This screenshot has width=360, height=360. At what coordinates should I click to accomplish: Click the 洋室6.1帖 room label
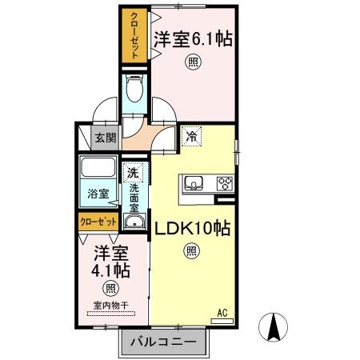pos(193,38)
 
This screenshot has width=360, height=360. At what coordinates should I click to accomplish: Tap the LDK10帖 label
pos(193,228)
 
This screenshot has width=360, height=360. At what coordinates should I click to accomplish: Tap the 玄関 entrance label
pos(106,137)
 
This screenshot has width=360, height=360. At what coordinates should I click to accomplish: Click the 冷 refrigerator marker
pos(191,136)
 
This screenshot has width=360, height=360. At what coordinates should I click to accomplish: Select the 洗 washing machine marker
pos(133,172)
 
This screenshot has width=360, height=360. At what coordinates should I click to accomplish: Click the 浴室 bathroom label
pos(98,193)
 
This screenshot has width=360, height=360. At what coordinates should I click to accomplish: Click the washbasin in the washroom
pos(135,222)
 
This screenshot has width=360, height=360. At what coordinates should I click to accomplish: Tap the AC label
pos(222,312)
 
